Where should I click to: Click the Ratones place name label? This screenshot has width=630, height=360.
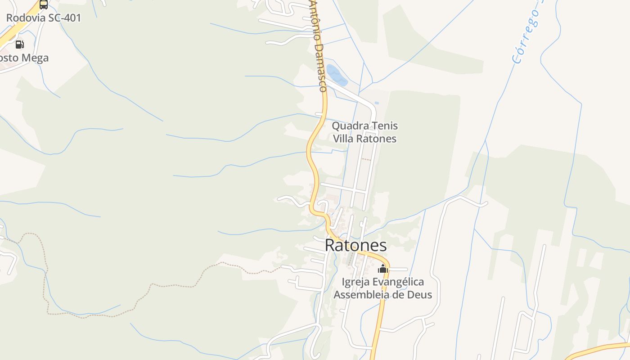coord(355,245)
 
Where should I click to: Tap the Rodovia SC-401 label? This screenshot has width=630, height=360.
coord(43,18)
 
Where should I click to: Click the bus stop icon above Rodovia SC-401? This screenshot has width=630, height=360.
coord(43,4)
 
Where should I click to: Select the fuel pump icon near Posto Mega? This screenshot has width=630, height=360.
coord(19,44)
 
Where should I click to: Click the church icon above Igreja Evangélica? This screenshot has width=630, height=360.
coord(383,269)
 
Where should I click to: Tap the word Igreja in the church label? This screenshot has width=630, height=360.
coord(355,282)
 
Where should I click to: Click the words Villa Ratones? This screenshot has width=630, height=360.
coord(364,139)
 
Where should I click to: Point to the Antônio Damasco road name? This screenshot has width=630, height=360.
coord(318,45)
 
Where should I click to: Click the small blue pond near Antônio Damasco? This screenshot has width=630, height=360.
coord(337,75)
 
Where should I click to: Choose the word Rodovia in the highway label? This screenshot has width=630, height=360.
coord(25,18)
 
